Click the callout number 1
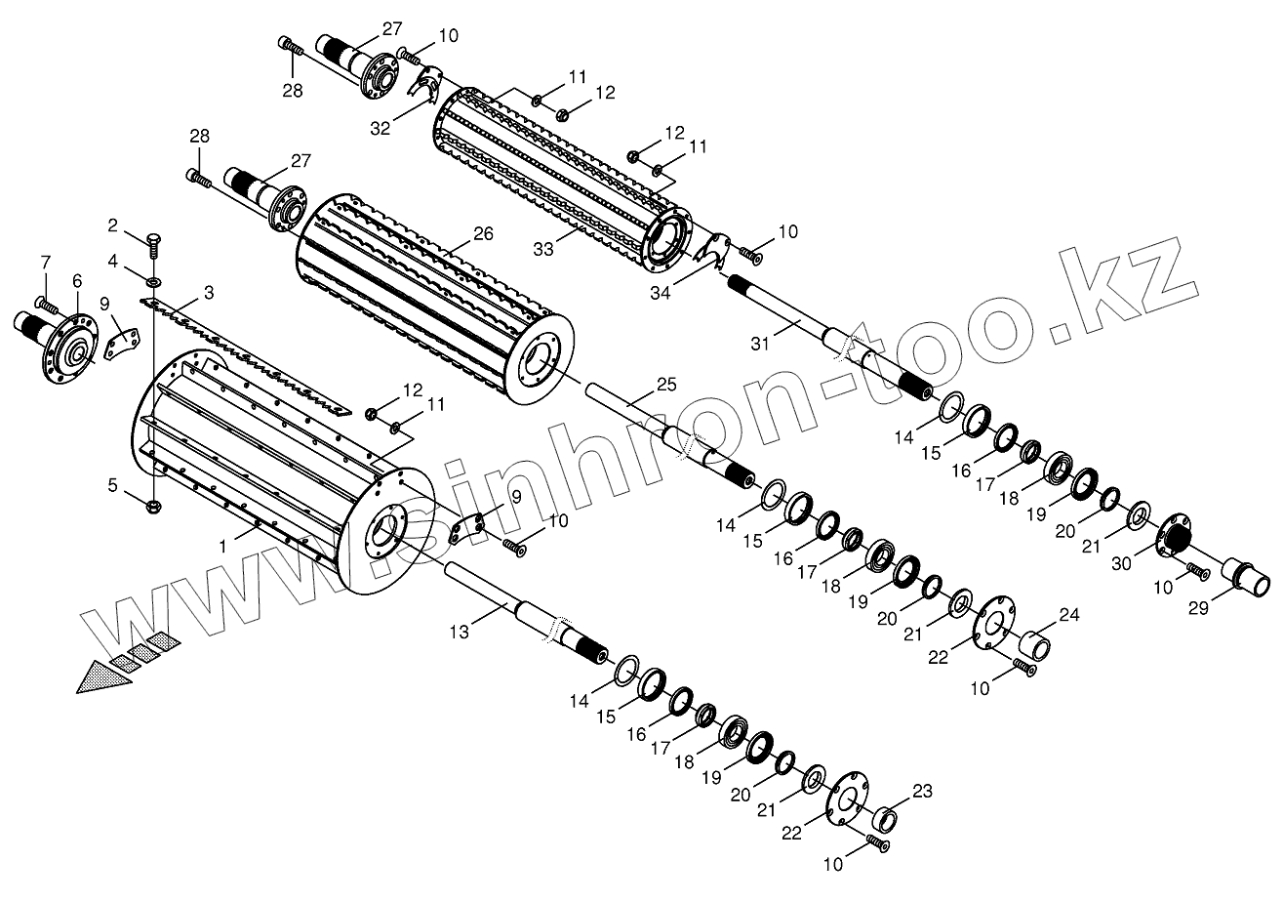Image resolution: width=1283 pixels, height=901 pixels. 223,548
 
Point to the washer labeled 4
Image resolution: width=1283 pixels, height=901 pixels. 154,281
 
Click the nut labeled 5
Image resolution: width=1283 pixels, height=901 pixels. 154,507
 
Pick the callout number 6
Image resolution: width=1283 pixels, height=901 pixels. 76,279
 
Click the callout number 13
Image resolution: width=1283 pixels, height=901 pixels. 460,633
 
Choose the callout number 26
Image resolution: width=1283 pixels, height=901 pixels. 483,233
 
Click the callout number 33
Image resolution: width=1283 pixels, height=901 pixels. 543,249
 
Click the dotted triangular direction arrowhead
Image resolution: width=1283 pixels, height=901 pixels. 103,676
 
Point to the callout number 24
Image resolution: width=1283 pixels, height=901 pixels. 1069,615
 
